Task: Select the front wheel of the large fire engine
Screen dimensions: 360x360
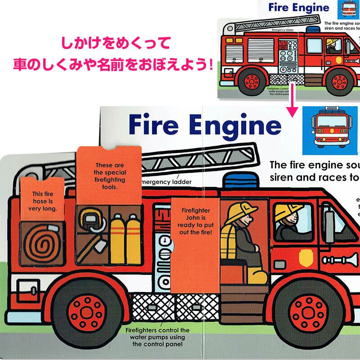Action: pyautogui.click(x=307, y=310)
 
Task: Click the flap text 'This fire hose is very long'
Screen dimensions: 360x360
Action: pyautogui.click(x=44, y=201)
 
